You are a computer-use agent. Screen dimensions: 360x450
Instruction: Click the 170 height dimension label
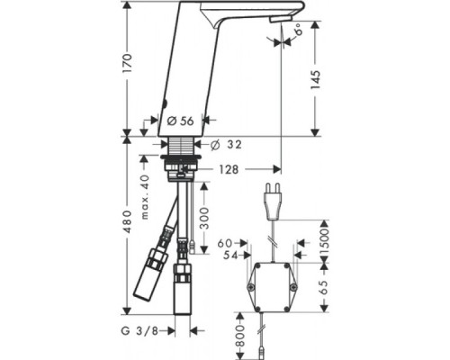click(x=127, y=63)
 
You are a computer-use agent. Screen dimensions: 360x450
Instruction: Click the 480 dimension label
click(x=127, y=234)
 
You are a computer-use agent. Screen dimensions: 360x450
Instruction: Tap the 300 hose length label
click(x=207, y=216)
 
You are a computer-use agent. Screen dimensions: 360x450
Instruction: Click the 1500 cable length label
click(x=324, y=237)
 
